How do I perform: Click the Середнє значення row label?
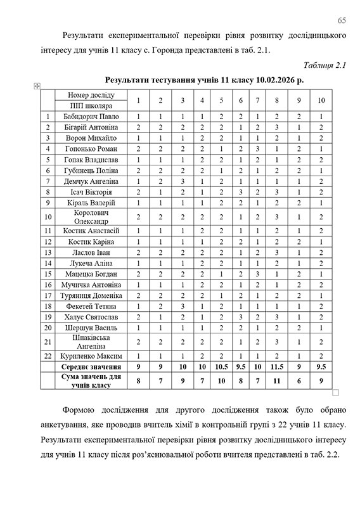click(x=90, y=367)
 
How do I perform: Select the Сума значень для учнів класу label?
click(x=90, y=381)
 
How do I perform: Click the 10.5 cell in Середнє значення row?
click(x=222, y=367)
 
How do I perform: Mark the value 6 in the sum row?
click(x=299, y=381)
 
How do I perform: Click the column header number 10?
click(x=322, y=100)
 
